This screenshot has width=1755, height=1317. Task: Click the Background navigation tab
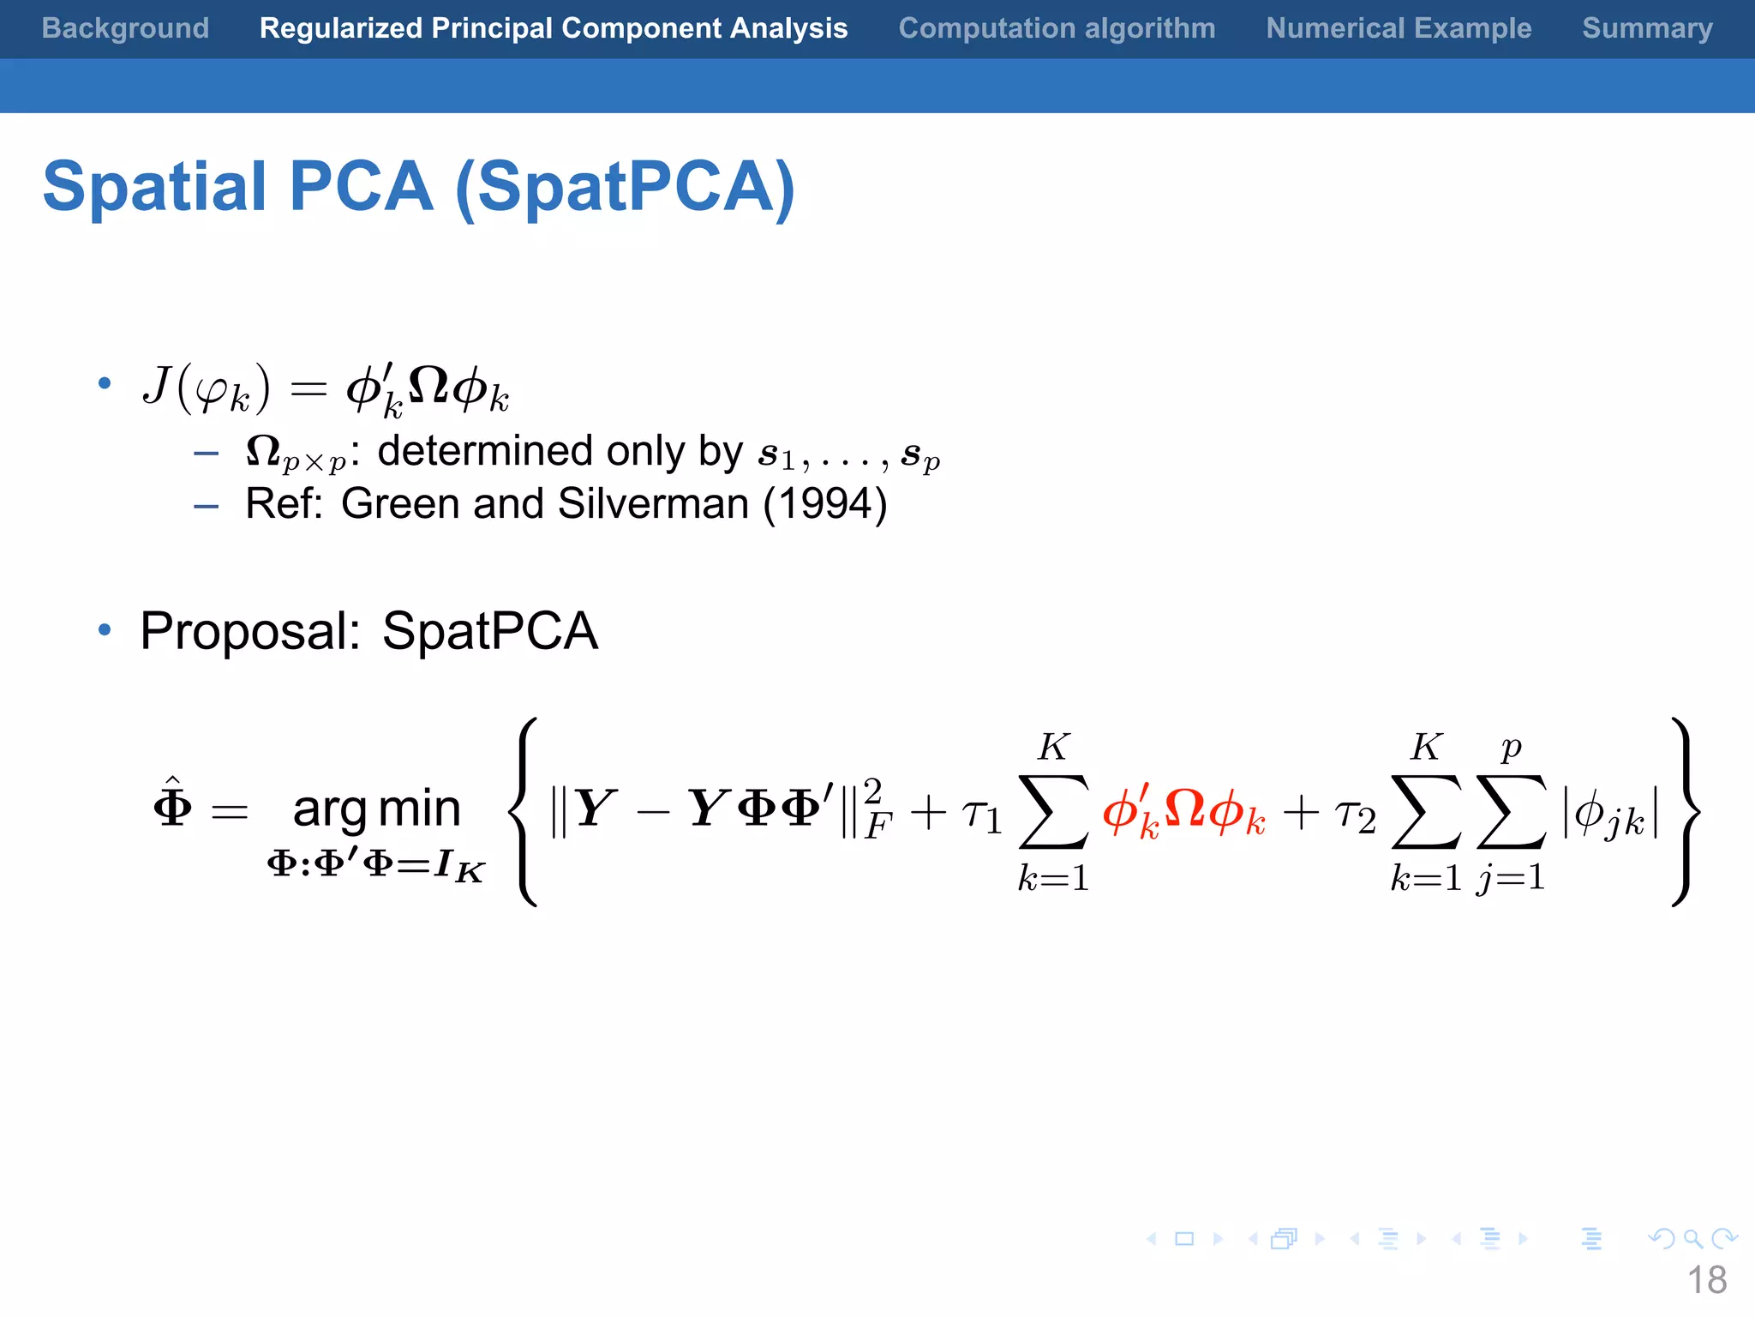125,28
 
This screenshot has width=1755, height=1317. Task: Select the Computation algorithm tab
1057,28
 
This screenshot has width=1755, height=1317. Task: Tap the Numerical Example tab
1399,28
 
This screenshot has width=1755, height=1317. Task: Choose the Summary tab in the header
1647,28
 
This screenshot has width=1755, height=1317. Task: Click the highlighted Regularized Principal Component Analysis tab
554,28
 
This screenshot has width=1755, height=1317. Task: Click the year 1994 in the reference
824,503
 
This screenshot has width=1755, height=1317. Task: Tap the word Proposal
249,632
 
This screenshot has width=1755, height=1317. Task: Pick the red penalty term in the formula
1183,810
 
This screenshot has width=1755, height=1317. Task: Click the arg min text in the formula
376,808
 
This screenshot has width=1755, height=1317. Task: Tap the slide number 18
1706,1281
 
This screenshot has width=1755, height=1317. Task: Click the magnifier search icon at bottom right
1692,1238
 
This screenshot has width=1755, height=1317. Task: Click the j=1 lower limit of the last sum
1511,877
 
